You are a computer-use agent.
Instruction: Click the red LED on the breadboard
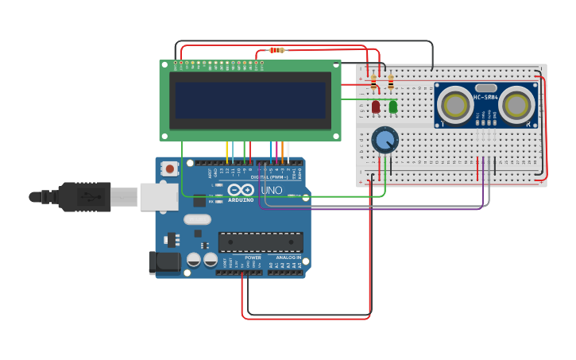376,106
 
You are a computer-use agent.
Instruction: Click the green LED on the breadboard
393,106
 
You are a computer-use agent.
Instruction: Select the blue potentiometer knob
385,141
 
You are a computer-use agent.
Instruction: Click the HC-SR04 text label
485,97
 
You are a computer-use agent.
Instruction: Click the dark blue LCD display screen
249,100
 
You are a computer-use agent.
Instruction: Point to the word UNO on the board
272,191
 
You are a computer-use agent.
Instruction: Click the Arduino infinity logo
241,190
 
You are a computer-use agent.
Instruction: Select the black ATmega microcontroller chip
261,242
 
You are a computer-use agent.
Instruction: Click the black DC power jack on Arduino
164,262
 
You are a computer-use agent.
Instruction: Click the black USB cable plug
84,196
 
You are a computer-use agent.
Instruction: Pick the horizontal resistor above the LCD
276,50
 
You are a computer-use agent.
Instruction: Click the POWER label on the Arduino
253,257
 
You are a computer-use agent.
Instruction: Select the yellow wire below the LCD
227,151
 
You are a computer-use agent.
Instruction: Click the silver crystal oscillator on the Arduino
198,219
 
